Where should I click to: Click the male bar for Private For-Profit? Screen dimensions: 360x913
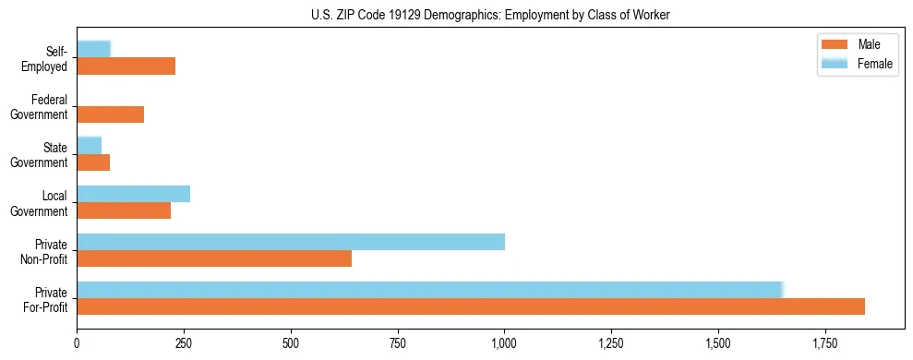coord(471,306)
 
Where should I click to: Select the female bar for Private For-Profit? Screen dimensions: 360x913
coord(430,290)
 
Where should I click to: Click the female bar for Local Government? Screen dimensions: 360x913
coord(134,194)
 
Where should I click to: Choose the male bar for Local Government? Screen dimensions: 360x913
coord(124,210)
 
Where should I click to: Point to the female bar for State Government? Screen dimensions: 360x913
coord(90,146)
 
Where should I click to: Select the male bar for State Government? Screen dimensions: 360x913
coord(93,162)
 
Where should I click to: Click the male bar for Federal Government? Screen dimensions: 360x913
coord(111,114)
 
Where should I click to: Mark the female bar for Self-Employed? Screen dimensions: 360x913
coord(94,49)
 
